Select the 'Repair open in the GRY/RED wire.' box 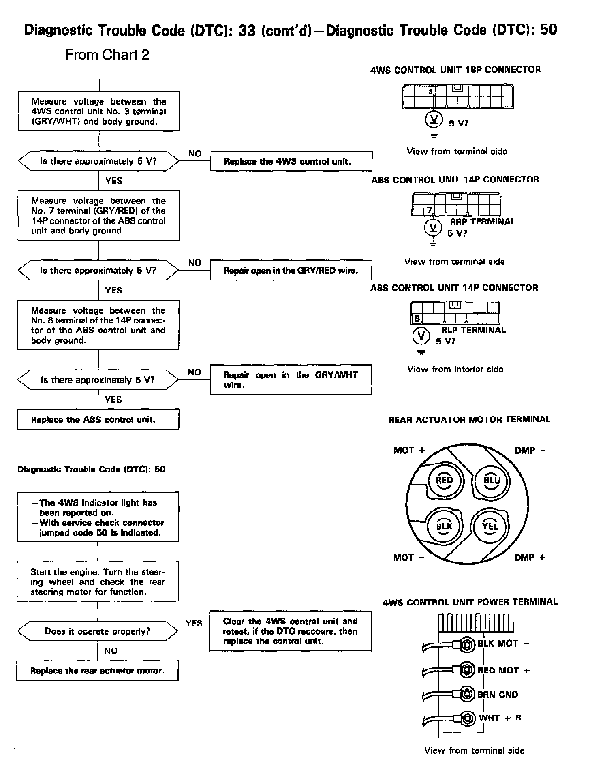click(x=291, y=270)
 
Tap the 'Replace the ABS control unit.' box click(x=98, y=419)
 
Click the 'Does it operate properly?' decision click(x=98, y=631)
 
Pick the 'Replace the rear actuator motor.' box click(x=97, y=671)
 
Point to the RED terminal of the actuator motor click(x=444, y=480)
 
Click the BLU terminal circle click(x=492, y=480)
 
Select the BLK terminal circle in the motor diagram click(x=444, y=526)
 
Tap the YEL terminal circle click(x=490, y=526)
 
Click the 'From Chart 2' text click(x=107, y=55)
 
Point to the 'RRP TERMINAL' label click(x=483, y=222)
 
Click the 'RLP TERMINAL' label click(x=473, y=330)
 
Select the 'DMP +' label click(x=529, y=558)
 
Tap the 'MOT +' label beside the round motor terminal click(x=409, y=450)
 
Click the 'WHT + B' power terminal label click(x=500, y=718)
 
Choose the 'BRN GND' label click(x=498, y=695)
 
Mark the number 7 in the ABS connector click(x=430, y=210)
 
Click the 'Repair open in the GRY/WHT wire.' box click(x=291, y=380)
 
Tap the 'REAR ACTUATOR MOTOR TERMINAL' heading click(x=469, y=419)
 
